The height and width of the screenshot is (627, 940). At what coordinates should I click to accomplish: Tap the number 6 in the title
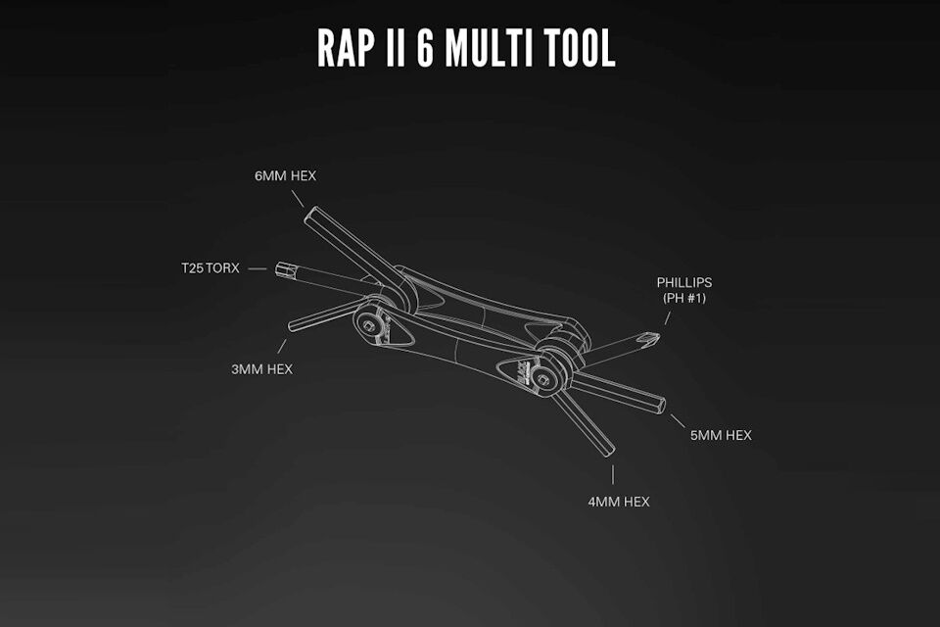point(424,46)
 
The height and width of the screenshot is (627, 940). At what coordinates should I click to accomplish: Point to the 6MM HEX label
point(285,175)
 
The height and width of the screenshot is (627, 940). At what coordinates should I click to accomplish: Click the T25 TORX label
point(210,267)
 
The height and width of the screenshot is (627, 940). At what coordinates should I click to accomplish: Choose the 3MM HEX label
point(261,369)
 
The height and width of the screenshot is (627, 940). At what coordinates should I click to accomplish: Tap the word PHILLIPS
point(684,282)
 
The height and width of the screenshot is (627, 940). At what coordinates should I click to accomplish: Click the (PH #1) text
point(684,298)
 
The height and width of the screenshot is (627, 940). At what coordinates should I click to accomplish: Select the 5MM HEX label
point(721,435)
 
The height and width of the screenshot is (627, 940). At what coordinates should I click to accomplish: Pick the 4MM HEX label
point(619,502)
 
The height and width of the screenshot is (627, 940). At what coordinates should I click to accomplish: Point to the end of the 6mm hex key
point(309,214)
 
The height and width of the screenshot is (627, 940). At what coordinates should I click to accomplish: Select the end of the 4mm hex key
point(609,450)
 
